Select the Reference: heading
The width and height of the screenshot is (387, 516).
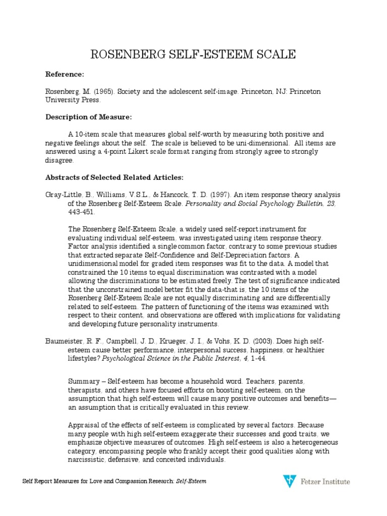[x=65, y=74]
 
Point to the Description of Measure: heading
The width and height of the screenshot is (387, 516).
[x=89, y=117]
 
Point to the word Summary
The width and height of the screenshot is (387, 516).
[x=83, y=381]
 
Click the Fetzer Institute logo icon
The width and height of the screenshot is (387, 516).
[x=289, y=481]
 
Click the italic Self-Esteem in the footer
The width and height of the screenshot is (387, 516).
[x=191, y=482]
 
